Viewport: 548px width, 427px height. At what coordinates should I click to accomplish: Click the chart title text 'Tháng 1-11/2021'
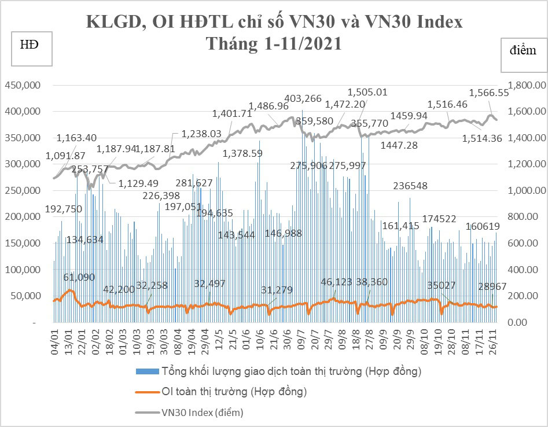(274, 45)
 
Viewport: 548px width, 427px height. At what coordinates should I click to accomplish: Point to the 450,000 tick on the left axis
(23, 85)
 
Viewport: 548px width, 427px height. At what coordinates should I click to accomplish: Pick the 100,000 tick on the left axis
(23, 270)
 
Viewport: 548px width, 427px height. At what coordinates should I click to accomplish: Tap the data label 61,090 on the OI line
(79, 277)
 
